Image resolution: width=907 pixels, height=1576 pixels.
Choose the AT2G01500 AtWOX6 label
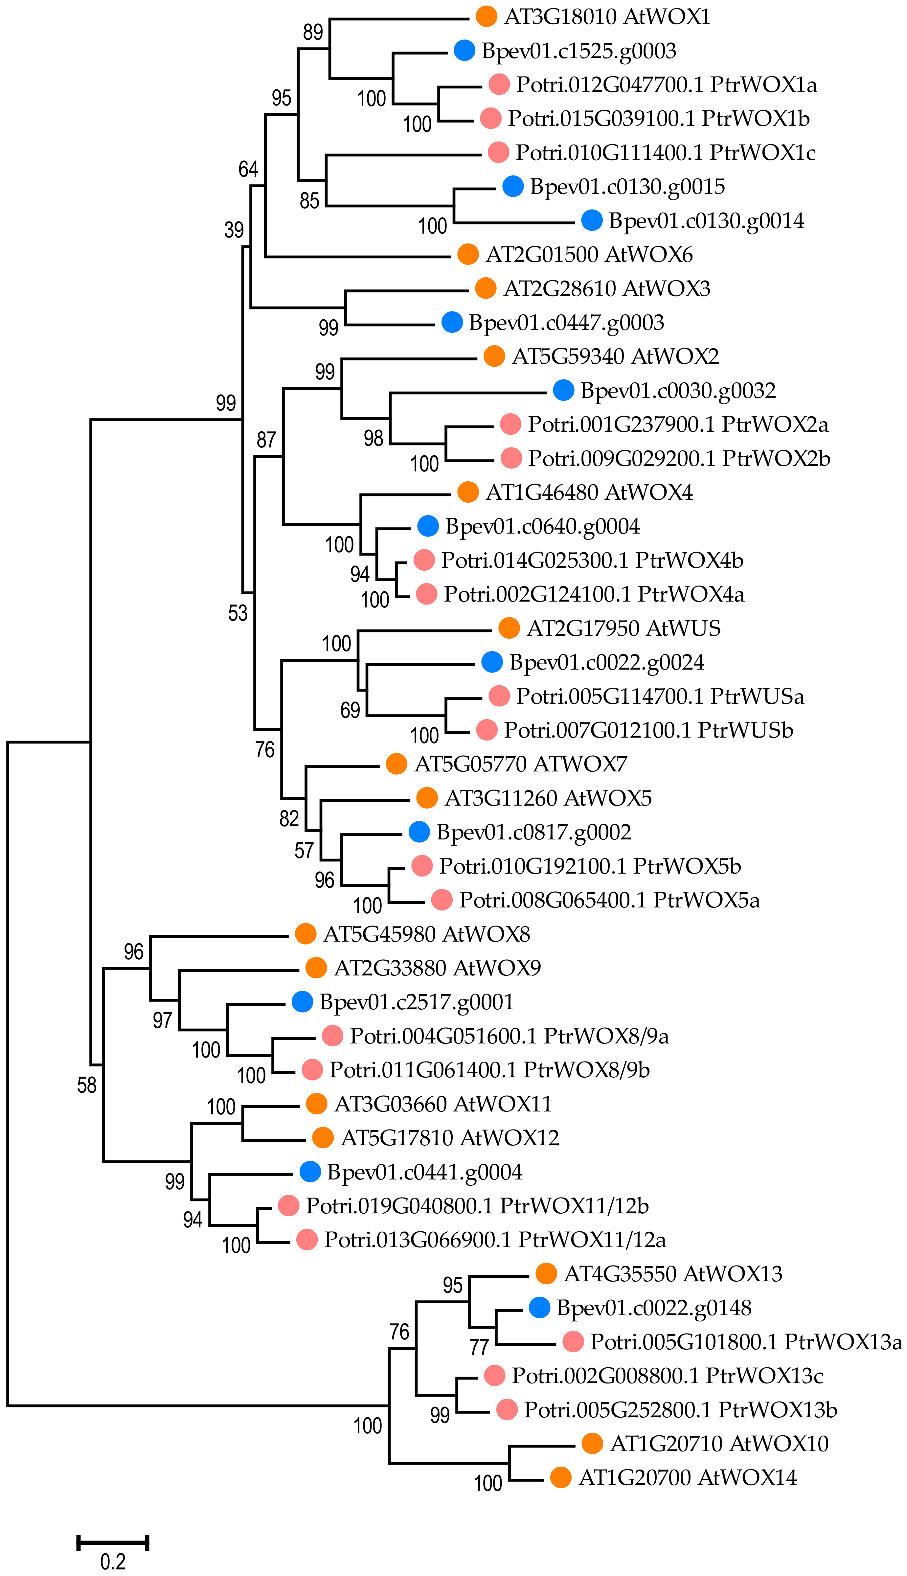[589, 254]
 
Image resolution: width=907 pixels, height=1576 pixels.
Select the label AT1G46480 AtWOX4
[589, 492]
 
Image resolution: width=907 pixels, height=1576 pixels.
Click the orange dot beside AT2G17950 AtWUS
[509, 628]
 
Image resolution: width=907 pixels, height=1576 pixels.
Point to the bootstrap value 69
[350, 710]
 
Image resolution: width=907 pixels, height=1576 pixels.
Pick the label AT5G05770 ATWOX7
[521, 764]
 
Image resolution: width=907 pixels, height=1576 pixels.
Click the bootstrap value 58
[87, 1085]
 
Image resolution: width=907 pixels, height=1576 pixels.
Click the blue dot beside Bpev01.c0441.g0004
[310, 1171]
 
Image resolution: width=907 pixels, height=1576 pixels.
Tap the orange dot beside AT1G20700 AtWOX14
[561, 1477]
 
